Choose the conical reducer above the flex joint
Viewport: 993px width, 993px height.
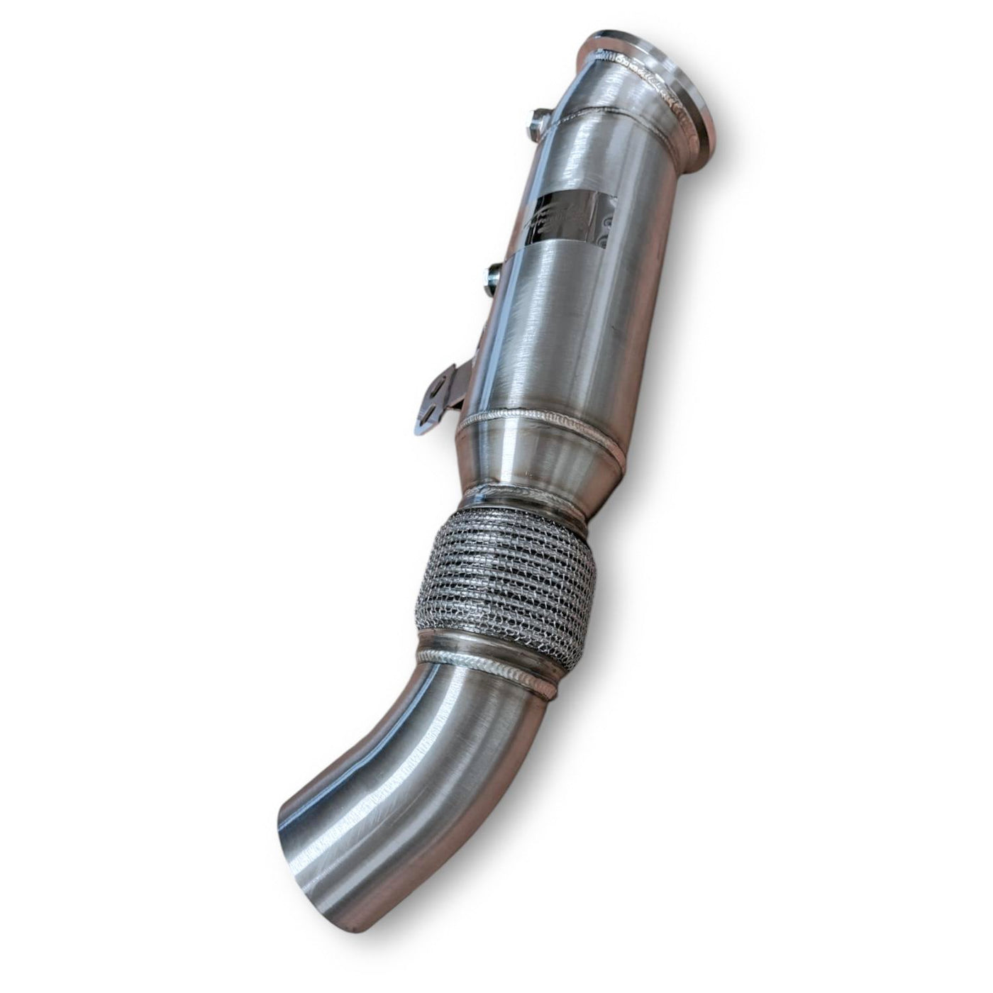(539, 461)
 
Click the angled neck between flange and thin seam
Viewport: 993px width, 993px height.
(624, 99)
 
